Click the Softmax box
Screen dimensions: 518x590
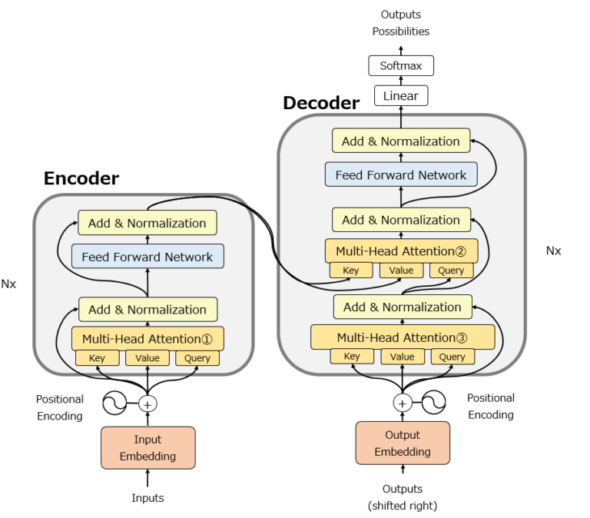401,65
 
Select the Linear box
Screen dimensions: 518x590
401,96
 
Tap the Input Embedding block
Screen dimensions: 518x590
147,447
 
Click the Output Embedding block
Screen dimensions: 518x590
403,443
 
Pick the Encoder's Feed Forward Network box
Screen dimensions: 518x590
147,257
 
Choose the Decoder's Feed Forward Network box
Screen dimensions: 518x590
401,174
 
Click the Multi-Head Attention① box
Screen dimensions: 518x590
147,338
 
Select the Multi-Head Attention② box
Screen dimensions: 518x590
402,251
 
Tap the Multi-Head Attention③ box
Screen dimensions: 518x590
403,337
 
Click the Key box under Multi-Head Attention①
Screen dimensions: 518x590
98,358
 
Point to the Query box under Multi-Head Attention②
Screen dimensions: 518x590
451,271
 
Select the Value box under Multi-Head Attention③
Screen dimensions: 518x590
402,357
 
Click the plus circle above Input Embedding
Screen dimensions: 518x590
147,403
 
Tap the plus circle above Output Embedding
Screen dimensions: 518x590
402,402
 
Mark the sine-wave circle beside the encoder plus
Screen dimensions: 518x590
115,403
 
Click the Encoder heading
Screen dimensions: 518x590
81,179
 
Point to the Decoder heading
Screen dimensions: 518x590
321,103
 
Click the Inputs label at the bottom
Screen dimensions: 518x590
147,498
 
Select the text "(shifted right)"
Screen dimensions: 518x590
403,505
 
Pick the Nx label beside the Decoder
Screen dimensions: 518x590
553,251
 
